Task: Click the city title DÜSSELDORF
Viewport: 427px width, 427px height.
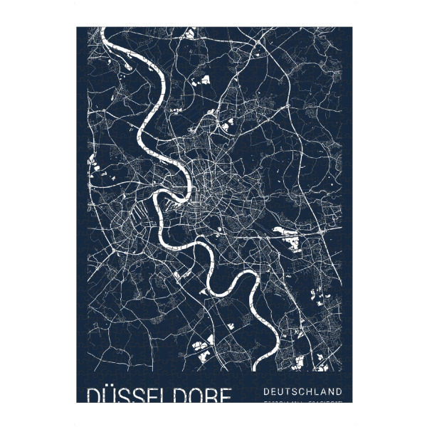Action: (x=159, y=395)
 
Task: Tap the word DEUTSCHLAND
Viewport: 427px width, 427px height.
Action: (x=302, y=391)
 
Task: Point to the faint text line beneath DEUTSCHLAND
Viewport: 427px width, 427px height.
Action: (x=302, y=402)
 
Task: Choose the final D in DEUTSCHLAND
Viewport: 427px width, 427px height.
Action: (x=339, y=391)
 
